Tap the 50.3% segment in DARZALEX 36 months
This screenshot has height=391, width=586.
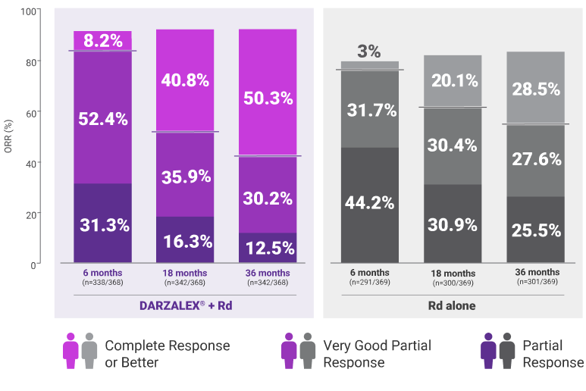[x=267, y=99]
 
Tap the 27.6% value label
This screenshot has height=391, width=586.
[x=535, y=159]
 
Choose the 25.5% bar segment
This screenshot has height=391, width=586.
[x=535, y=230]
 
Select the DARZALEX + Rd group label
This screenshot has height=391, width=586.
[x=184, y=307]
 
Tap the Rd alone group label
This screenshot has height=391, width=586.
[x=452, y=307]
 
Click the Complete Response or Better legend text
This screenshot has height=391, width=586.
[x=167, y=354]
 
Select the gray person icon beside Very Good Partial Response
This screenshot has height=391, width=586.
[x=307, y=350]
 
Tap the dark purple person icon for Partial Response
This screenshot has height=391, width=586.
[x=488, y=350]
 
